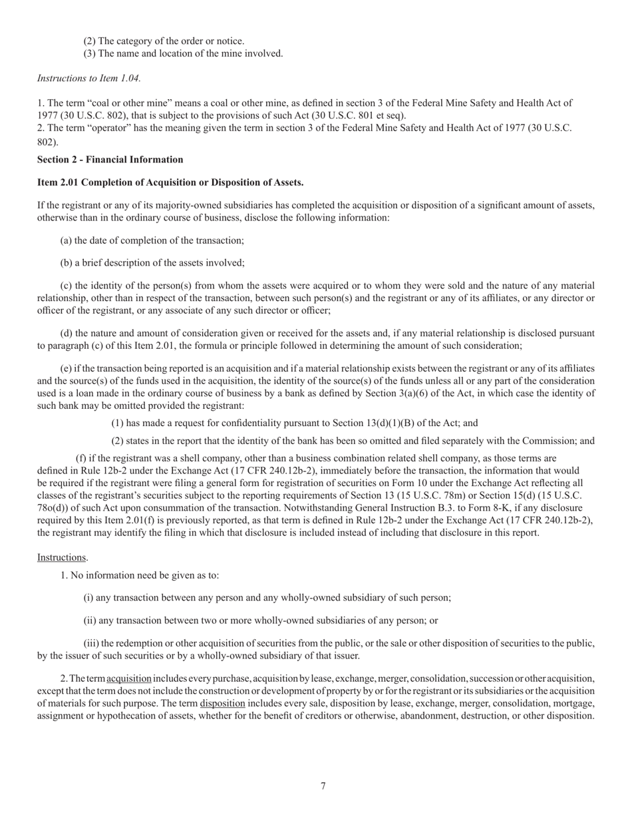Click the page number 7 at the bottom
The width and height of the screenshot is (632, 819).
tap(323, 786)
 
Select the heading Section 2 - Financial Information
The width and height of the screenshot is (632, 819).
tap(110, 160)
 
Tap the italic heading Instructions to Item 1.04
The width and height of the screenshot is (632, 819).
tap(88, 79)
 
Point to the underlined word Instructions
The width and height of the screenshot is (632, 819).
tap(61, 557)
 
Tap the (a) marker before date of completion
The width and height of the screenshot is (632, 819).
tap(67, 240)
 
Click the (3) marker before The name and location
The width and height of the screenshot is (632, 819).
tap(89, 54)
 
